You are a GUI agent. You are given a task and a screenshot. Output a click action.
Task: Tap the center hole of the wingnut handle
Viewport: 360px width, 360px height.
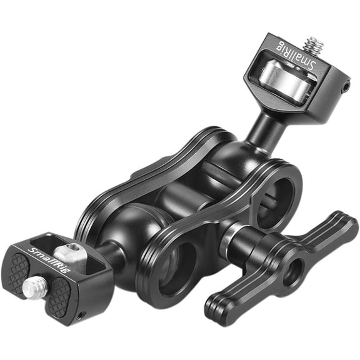pos(293,271)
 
